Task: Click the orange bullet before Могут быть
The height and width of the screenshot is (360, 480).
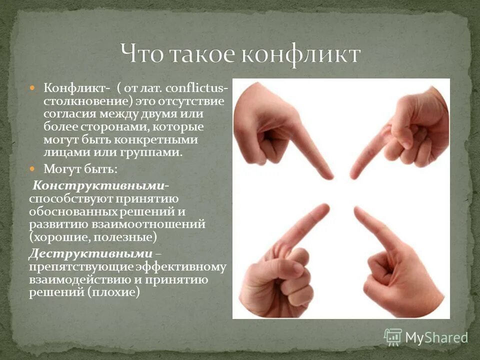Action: [x=33, y=168]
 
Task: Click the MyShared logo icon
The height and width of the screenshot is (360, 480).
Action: [x=392, y=337]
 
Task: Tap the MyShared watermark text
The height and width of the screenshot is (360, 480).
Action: [x=436, y=338]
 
